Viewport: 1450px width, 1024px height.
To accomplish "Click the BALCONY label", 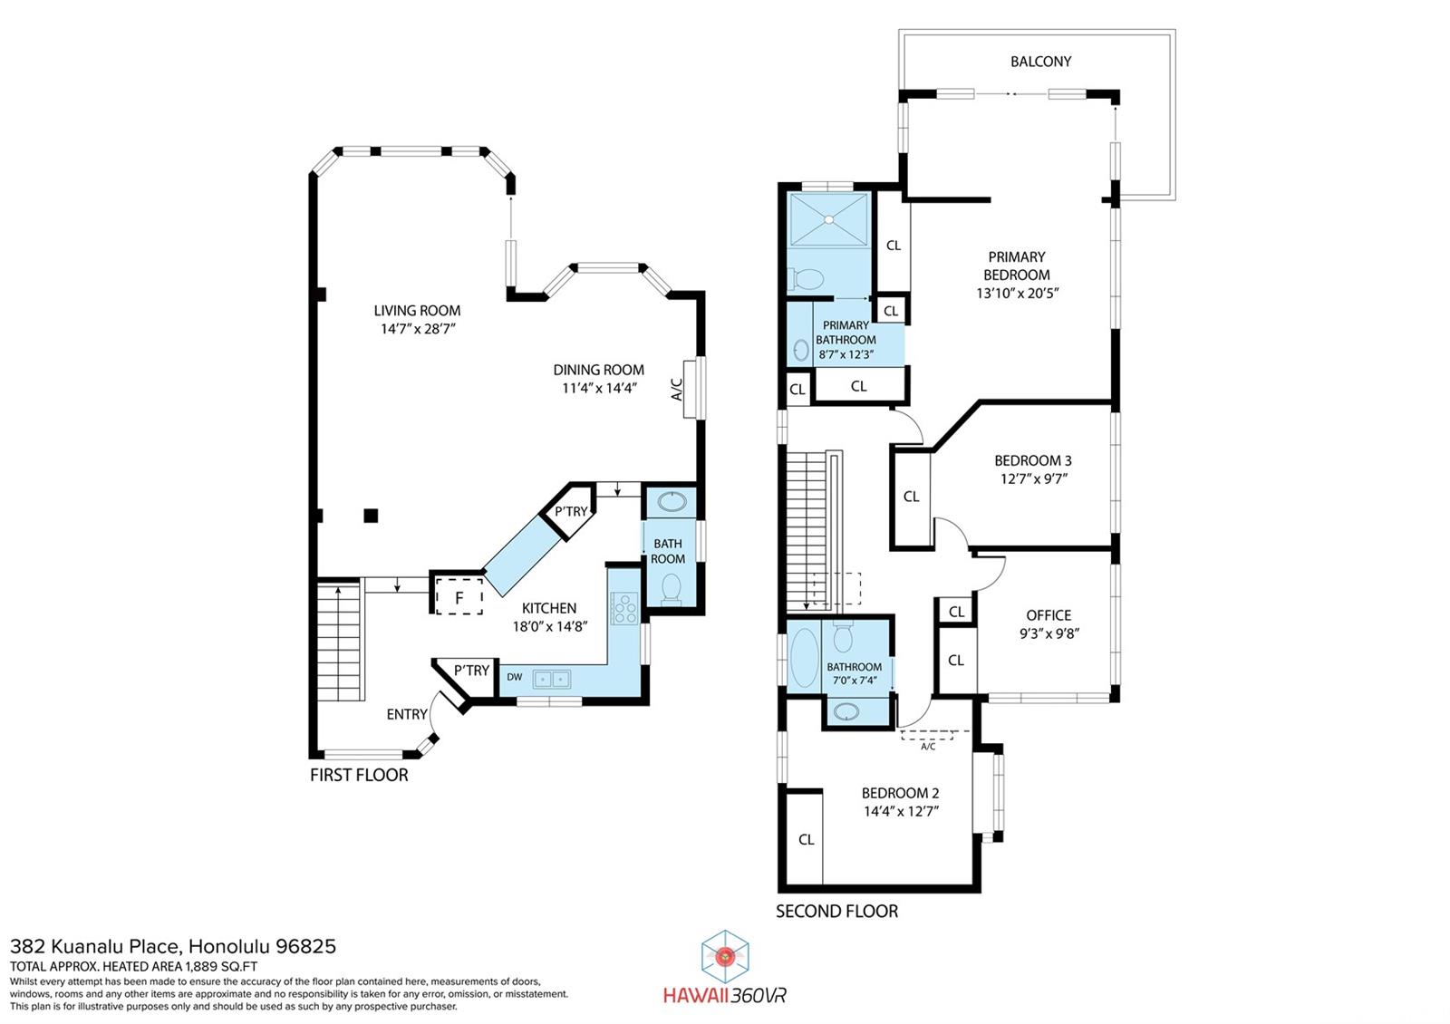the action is point(1040,62).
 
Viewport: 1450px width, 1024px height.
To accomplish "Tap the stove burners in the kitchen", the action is point(624,608).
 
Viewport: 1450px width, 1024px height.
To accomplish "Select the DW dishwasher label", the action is point(515,677).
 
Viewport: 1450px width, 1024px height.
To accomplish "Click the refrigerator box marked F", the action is point(459,596).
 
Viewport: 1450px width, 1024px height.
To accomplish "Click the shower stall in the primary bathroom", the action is point(828,219).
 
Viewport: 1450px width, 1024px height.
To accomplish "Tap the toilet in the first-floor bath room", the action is point(672,589).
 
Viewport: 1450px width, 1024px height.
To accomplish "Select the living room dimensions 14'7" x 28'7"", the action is point(418,329).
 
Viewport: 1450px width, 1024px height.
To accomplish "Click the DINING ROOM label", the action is point(599,371).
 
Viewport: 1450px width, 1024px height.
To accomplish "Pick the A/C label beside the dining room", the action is point(677,389).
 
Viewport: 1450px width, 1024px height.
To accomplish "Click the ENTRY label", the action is point(407,714).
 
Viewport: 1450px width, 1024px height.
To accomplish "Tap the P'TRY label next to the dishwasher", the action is point(471,671).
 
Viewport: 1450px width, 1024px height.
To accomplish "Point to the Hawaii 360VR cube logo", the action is point(725,956).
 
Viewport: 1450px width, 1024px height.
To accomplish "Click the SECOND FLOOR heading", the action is point(837,912).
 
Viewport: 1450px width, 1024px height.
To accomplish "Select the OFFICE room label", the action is point(1049,615).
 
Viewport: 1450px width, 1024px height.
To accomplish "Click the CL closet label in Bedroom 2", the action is point(806,839).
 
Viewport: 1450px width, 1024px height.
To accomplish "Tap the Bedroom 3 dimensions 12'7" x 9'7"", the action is point(1033,479).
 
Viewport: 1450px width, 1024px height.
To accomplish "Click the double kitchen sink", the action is point(552,679).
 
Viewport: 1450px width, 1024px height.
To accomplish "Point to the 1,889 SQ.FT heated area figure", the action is point(221,966).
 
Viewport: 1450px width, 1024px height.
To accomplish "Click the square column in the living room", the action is point(371,516).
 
